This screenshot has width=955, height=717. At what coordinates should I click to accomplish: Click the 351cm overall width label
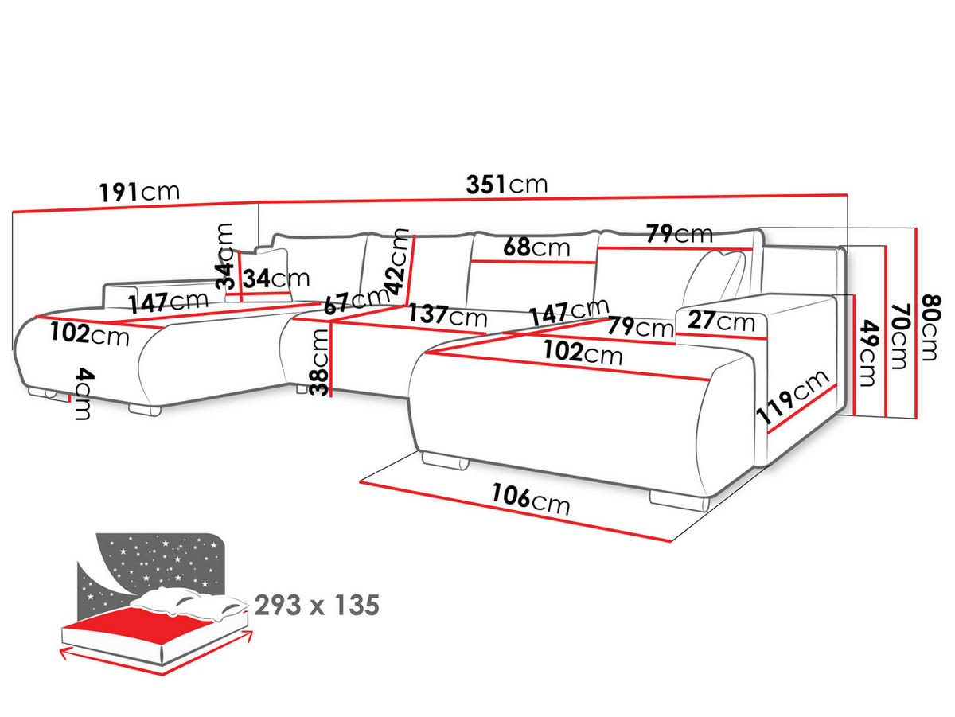[506, 184]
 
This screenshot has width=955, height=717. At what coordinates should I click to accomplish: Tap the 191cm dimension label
[139, 192]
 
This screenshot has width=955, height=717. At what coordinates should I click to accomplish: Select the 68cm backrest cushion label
[536, 247]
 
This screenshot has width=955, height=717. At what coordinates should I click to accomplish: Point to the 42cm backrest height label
[397, 262]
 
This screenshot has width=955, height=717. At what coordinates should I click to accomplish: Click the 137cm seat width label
[448, 315]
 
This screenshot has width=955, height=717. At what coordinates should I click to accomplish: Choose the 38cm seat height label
[319, 362]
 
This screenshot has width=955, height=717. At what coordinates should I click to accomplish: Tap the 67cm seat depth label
[356, 301]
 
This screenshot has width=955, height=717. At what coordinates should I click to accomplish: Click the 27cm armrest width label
[721, 321]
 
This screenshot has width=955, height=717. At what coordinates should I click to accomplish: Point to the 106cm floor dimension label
[531, 500]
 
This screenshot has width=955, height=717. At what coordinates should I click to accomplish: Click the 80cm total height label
[931, 328]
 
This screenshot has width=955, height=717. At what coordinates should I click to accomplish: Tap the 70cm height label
[900, 337]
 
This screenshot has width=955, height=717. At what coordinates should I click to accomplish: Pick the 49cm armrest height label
[868, 353]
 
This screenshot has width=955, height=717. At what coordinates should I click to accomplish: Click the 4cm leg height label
[84, 394]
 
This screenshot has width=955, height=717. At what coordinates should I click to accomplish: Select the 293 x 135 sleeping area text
[317, 605]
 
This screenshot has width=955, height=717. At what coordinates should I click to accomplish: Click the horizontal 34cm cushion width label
[276, 279]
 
